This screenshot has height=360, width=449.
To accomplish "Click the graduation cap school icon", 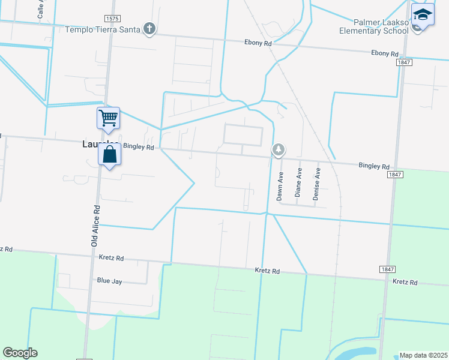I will click(x=423, y=15).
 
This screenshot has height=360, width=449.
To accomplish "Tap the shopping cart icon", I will click(x=109, y=118).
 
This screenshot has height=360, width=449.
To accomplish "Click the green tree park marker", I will click(x=278, y=149).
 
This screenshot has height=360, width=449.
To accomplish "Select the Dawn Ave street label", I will click(x=280, y=186).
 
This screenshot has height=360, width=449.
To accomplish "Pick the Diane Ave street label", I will click(x=298, y=182).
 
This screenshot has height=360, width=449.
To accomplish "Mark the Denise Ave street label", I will click(x=318, y=184).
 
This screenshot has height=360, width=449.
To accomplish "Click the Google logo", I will click(x=20, y=353).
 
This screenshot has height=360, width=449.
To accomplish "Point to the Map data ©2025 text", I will click(x=423, y=355).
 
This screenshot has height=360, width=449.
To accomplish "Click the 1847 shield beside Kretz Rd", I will click(x=387, y=270).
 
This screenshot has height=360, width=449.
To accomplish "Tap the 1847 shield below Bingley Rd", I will click(x=394, y=174).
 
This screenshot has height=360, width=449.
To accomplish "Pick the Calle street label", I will click(x=41, y=8).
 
